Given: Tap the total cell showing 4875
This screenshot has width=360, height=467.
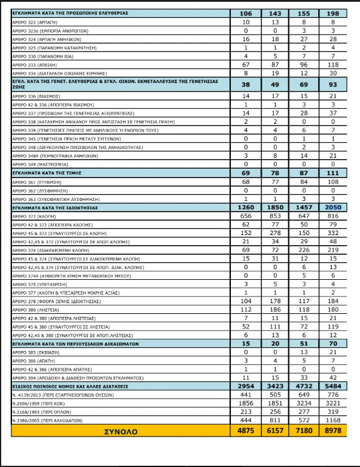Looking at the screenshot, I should click(x=245, y=431).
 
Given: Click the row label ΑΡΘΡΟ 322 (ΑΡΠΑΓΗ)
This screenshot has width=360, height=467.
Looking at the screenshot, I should click(x=36, y=21).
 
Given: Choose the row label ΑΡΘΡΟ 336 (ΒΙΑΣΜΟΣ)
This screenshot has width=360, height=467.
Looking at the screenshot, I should click(x=36, y=96).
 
